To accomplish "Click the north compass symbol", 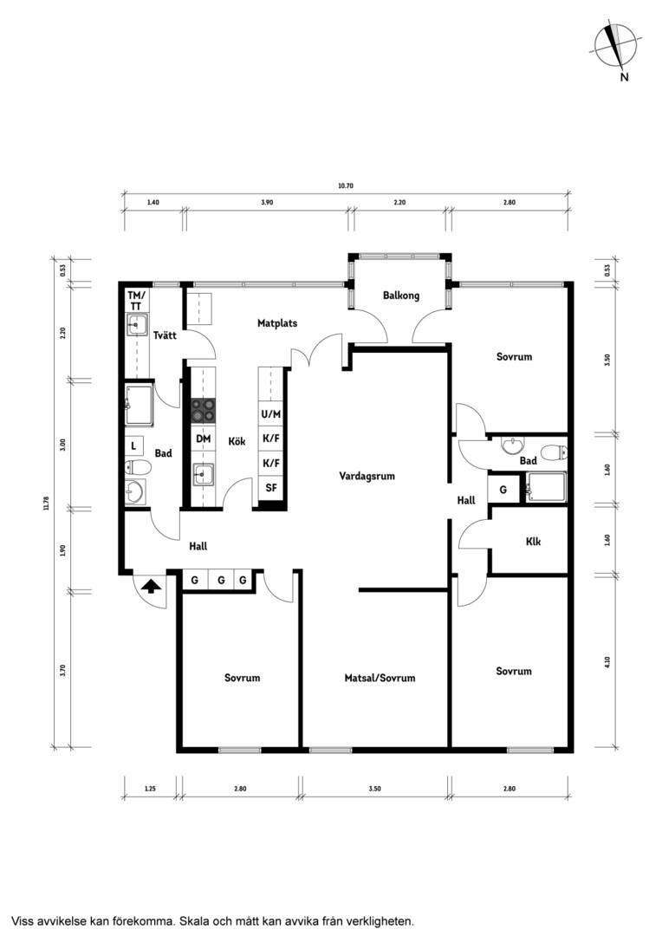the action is (616, 48).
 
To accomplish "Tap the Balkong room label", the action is (401, 296).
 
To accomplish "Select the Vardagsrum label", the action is (367, 477).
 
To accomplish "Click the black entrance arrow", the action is (152, 586).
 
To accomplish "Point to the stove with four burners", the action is (203, 411).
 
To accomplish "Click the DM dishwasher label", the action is (203, 439).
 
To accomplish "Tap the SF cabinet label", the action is (271, 488).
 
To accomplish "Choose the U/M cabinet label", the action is (271, 413).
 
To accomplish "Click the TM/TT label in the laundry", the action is (136, 301).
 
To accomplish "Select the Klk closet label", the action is (533, 542).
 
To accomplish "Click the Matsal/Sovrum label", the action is (380, 678).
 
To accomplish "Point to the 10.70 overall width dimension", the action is (346, 185).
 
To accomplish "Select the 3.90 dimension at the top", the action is (267, 202).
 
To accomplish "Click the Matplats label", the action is (277, 323).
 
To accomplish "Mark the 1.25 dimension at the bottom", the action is (150, 789).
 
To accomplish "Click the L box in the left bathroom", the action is (133, 445).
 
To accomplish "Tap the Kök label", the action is (237, 442).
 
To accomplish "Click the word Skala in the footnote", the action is (195, 920).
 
